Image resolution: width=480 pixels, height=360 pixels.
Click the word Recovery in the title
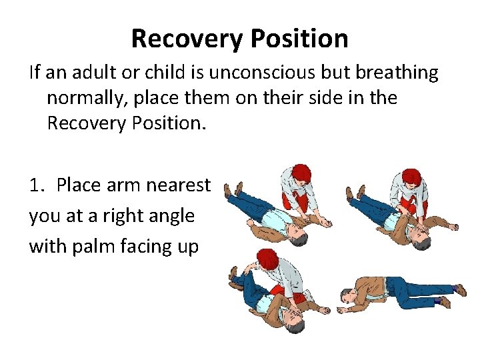pyautogui.click(x=186, y=39)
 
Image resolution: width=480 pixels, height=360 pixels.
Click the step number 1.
pyautogui.click(x=36, y=185)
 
